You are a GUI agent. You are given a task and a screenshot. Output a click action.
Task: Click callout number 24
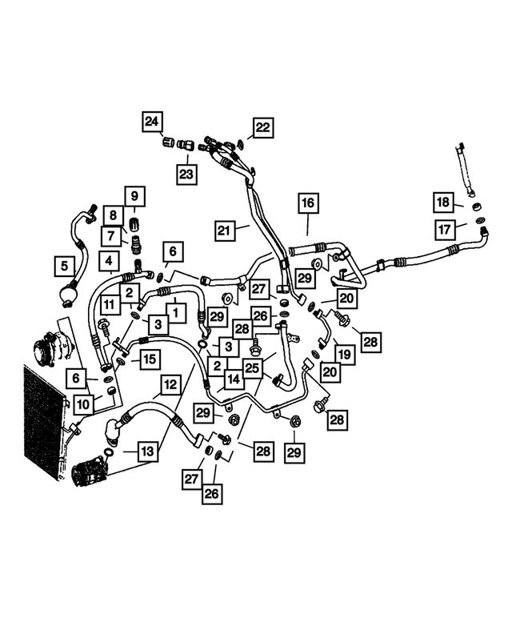click(152, 122)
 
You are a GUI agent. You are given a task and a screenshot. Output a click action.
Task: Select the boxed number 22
click(263, 126)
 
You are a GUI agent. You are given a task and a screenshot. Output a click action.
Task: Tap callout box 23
click(187, 175)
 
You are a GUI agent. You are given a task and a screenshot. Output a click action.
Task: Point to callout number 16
click(309, 203)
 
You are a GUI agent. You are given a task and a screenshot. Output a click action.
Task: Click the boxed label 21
click(225, 231)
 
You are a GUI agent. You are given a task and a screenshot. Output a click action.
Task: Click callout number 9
click(134, 195)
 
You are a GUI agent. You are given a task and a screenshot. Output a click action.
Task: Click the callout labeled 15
click(150, 360)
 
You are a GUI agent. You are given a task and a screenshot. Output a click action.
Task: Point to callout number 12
click(170, 385)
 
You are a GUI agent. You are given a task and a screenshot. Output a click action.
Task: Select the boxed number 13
click(147, 453)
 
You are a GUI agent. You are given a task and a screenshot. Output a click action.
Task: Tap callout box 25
click(253, 367)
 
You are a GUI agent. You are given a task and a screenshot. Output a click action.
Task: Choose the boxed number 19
click(344, 354)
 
